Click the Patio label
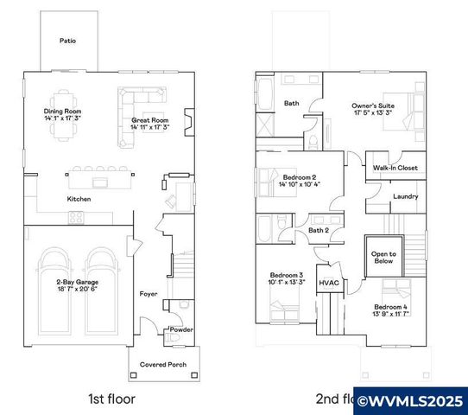66,41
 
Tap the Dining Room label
61,112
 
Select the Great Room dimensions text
149,127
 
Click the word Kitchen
79,199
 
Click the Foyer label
148,294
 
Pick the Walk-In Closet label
395,168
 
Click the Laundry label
405,196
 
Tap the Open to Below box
383,258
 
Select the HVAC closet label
328,283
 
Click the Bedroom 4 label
389,307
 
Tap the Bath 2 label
319,230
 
